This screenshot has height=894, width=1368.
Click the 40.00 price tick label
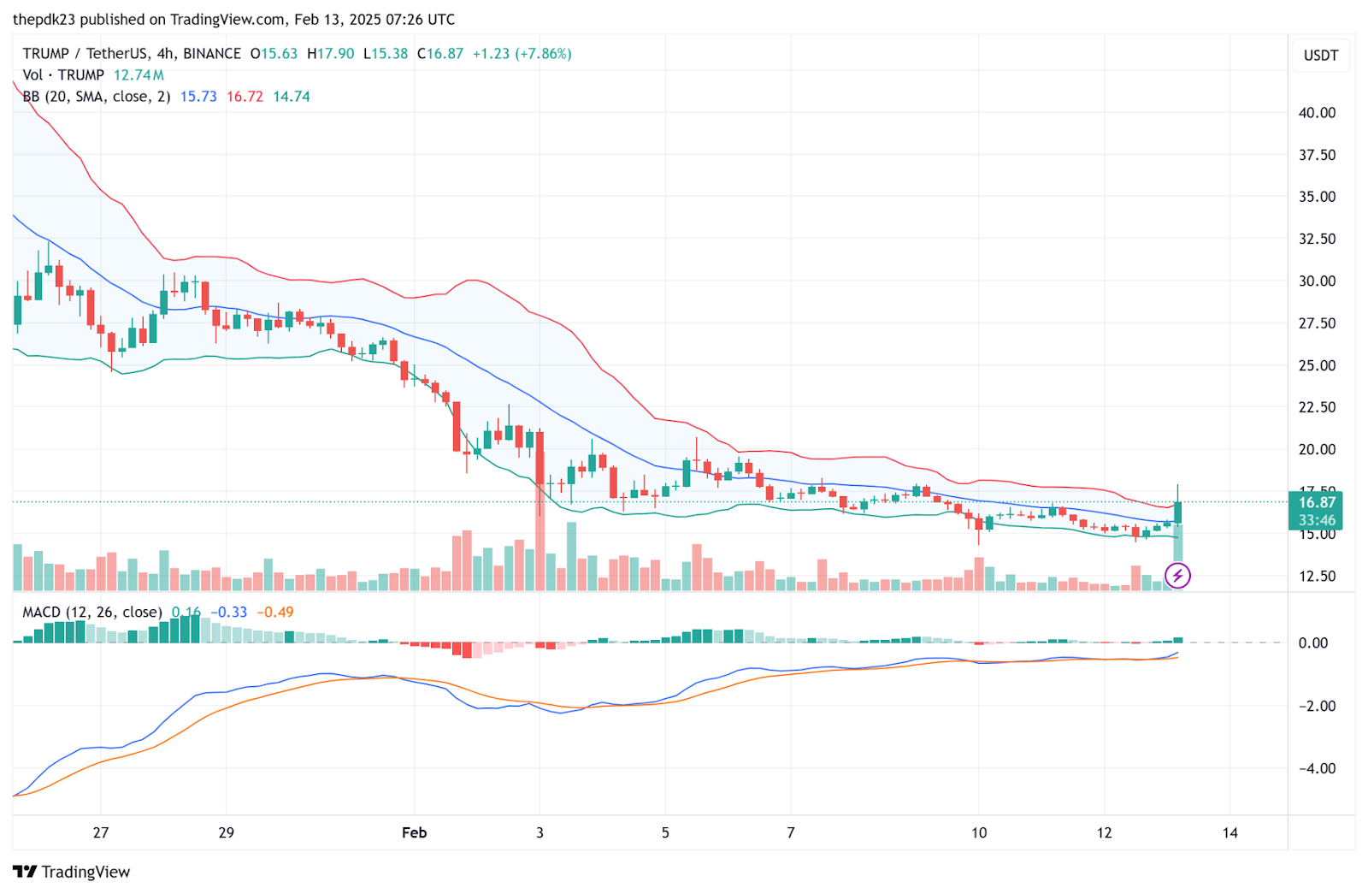point(1317,113)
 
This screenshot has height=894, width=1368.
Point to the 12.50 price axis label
point(1317,577)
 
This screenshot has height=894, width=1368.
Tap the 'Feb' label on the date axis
point(414,832)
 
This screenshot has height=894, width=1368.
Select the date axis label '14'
point(1229,832)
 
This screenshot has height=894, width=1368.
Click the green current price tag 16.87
point(1316,503)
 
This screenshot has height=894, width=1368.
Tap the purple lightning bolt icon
point(1177,576)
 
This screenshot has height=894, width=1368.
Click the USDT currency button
point(1320,56)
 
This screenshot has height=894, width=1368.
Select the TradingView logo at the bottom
point(72,872)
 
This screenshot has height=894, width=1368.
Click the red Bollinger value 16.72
point(245,97)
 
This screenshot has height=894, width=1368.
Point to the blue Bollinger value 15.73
point(198,97)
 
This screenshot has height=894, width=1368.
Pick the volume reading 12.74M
point(139,75)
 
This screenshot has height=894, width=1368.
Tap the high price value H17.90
point(330,54)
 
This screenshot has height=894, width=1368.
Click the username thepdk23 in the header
point(43,20)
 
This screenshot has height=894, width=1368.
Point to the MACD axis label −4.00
point(1317,768)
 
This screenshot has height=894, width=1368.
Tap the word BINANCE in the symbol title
point(212,54)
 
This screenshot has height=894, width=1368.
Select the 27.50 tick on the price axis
point(1317,323)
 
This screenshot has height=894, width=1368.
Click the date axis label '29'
point(226,832)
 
